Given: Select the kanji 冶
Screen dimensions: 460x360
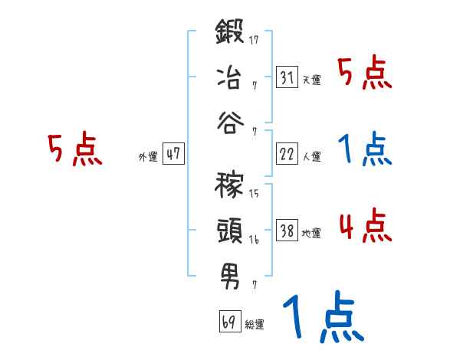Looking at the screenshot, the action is point(230,77).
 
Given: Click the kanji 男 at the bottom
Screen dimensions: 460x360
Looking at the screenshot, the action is point(230,275).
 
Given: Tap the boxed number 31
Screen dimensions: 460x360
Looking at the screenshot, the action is point(286,77).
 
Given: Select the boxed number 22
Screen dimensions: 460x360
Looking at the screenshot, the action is point(286,154).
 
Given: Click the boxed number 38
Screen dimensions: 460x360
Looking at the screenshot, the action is point(286,231).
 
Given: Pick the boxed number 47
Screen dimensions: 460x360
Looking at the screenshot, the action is point(173,154).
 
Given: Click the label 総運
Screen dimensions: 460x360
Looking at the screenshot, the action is point(255,325).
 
